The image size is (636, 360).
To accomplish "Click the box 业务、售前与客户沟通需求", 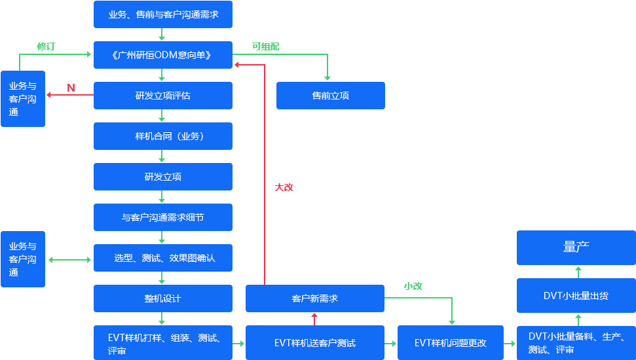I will coord(162,14).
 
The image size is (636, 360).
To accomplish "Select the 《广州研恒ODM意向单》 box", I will coord(162,55).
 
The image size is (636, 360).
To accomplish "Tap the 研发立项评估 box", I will coord(162,96).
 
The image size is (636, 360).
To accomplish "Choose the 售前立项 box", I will coord(330,96).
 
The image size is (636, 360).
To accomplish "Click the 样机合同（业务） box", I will coord(162,136).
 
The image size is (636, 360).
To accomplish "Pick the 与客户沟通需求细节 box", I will coord(162,217).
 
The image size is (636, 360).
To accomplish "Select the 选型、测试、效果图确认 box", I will coord(162,258).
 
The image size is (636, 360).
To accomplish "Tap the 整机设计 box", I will coord(162,298).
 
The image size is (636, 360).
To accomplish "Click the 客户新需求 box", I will coord(314,298).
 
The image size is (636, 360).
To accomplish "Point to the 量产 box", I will coord(576,247).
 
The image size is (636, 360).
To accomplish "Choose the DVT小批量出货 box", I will coord(576,295).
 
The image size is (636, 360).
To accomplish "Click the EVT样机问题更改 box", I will coord(450,342).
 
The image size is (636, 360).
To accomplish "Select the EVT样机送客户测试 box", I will coord(314,342).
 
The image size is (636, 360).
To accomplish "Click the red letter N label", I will coord(71,88).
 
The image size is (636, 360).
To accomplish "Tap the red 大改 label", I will coord(284,187).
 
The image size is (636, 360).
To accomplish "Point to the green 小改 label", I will coord(413,286).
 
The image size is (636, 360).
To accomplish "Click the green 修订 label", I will coord(46,46).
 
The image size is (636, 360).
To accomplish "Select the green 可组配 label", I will coord(265,46).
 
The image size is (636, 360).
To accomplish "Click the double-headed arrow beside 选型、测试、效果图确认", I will coord(69,260).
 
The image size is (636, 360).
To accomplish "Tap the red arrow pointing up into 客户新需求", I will coord(314,319).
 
